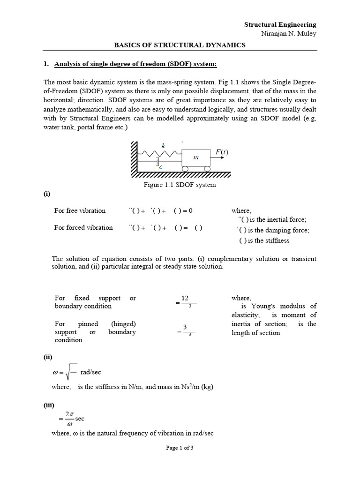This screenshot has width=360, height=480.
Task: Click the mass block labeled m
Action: [x=196, y=158]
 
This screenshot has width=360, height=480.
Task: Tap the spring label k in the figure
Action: [x=163, y=146]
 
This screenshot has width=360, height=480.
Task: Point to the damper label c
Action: [x=161, y=166]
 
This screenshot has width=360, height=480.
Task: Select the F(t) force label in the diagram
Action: [x=222, y=152]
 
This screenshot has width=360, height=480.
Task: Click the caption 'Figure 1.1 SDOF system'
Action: [x=180, y=185]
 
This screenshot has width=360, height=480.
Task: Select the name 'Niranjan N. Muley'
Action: [x=289, y=33]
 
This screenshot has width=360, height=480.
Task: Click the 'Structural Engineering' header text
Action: [x=280, y=24]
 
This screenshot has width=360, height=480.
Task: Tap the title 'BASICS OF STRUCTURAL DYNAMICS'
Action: [x=180, y=45]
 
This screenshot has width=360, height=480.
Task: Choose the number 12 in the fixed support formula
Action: [x=185, y=298]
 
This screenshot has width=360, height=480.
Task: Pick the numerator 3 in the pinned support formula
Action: [x=185, y=327]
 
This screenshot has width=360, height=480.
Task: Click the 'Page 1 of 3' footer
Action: [x=180, y=448]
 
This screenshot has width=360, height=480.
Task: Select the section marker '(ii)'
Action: [x=47, y=357]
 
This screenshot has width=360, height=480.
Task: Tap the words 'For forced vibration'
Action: [x=83, y=227]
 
